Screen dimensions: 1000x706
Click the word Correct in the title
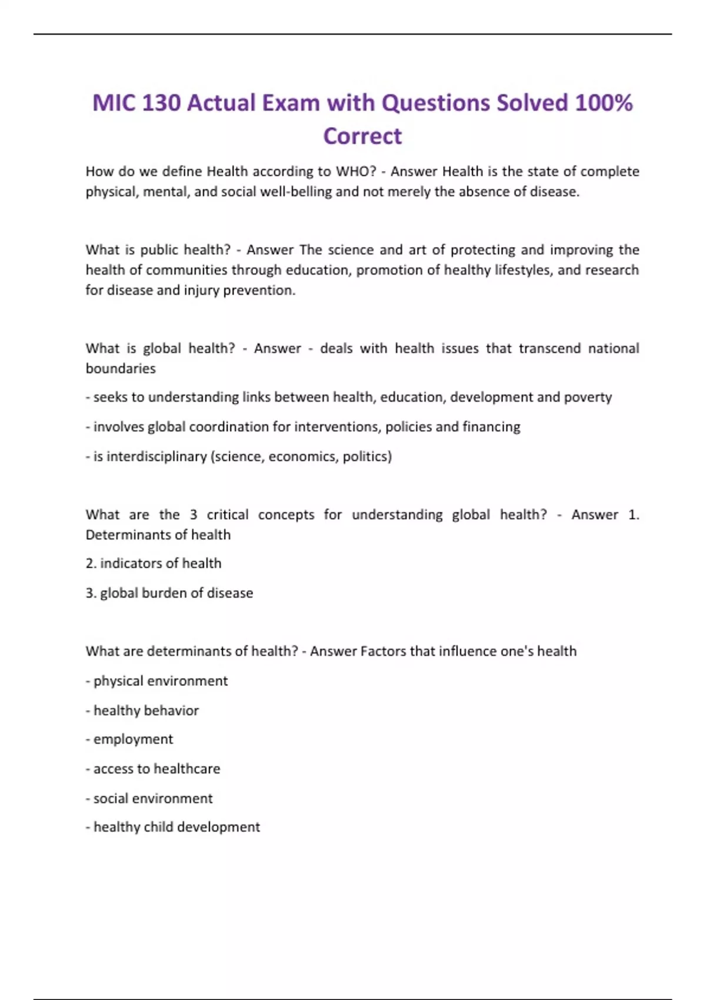point(362,136)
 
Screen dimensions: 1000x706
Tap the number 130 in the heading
point(161,102)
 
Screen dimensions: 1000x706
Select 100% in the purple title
point(604,102)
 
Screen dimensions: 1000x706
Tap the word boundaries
point(121,368)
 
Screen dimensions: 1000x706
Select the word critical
point(227,515)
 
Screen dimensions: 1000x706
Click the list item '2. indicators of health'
point(154,564)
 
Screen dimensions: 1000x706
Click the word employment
point(133,739)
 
